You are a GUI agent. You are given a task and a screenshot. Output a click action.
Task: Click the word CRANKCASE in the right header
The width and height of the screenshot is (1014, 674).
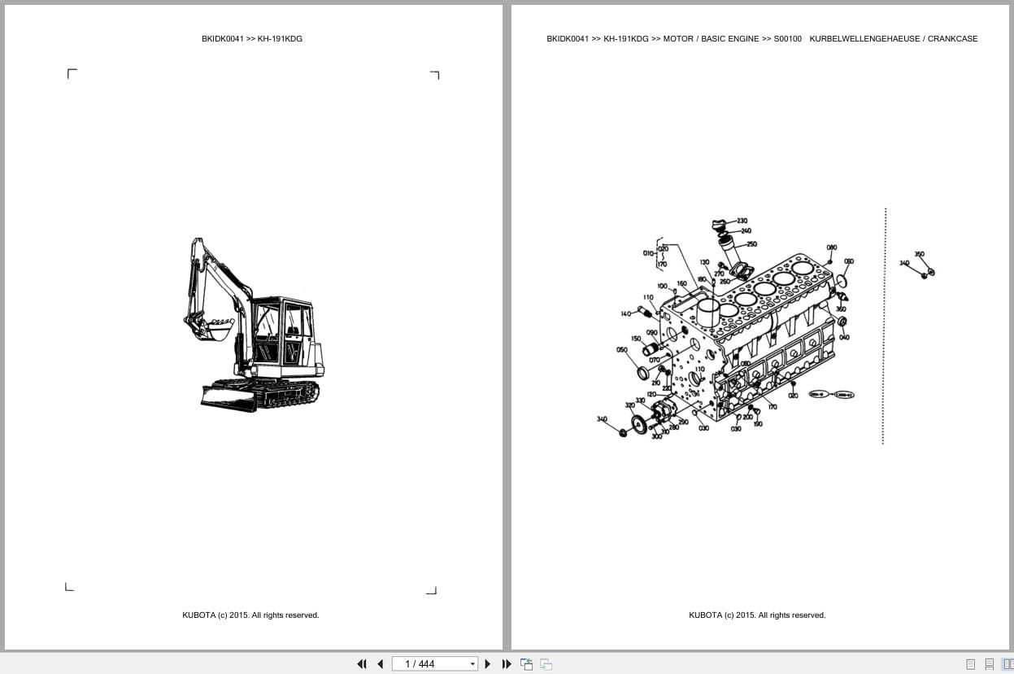click(952, 39)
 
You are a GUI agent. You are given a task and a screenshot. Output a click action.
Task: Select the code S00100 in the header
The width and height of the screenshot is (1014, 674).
click(787, 39)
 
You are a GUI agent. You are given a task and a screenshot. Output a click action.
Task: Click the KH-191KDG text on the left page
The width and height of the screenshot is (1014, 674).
click(280, 39)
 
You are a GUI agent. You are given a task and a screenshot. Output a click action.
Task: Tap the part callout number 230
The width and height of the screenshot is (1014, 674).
click(742, 221)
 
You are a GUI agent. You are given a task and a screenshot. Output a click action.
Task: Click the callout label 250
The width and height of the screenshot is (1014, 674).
click(751, 244)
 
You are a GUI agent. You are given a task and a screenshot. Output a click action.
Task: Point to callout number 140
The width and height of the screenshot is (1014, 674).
click(625, 314)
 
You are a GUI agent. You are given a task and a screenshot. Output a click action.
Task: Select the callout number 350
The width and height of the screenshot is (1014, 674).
click(919, 255)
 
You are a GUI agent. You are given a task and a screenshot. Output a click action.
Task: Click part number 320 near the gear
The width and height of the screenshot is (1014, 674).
click(629, 405)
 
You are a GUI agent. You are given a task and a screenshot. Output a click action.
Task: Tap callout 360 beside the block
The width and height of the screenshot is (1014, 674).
click(841, 309)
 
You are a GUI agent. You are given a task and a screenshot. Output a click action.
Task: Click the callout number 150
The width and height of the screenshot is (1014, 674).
click(636, 339)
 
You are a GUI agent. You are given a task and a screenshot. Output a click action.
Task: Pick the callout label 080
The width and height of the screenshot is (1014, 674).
click(831, 247)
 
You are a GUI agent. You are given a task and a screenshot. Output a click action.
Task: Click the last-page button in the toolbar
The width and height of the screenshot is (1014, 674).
click(507, 664)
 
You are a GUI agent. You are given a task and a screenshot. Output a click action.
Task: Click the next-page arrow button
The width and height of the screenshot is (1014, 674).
click(488, 664)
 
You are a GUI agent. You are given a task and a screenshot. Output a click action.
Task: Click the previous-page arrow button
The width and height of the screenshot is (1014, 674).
click(380, 664)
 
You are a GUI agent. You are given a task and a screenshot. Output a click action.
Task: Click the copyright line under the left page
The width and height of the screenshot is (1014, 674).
click(250, 615)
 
